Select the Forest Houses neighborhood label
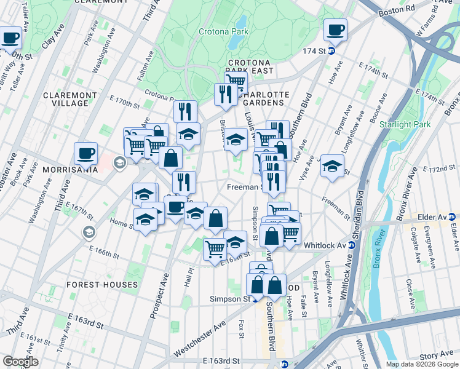103,285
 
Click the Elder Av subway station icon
453,216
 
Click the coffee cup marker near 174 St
336,30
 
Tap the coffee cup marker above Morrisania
85,154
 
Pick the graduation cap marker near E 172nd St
332,167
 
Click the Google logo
20,362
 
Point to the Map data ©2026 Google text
421,364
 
